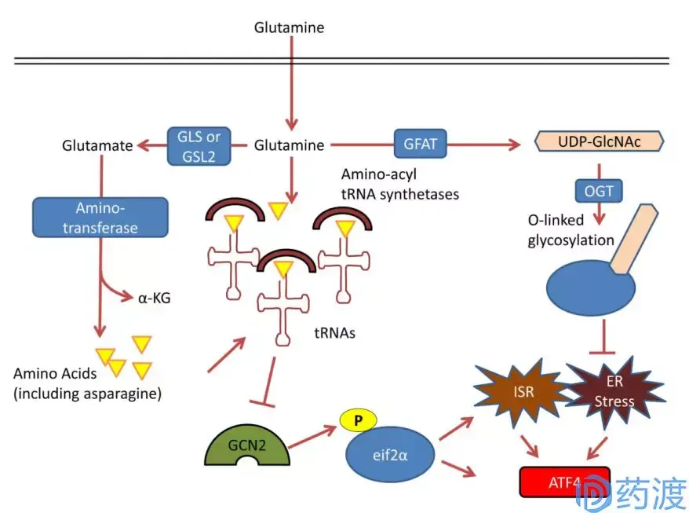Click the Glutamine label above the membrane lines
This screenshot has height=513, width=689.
289,27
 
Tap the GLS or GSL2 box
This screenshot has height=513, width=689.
200,145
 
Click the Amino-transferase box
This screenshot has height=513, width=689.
100,217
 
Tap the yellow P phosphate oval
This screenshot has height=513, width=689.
358,420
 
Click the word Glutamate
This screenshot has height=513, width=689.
97,145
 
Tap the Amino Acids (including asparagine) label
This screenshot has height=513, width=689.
86,383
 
